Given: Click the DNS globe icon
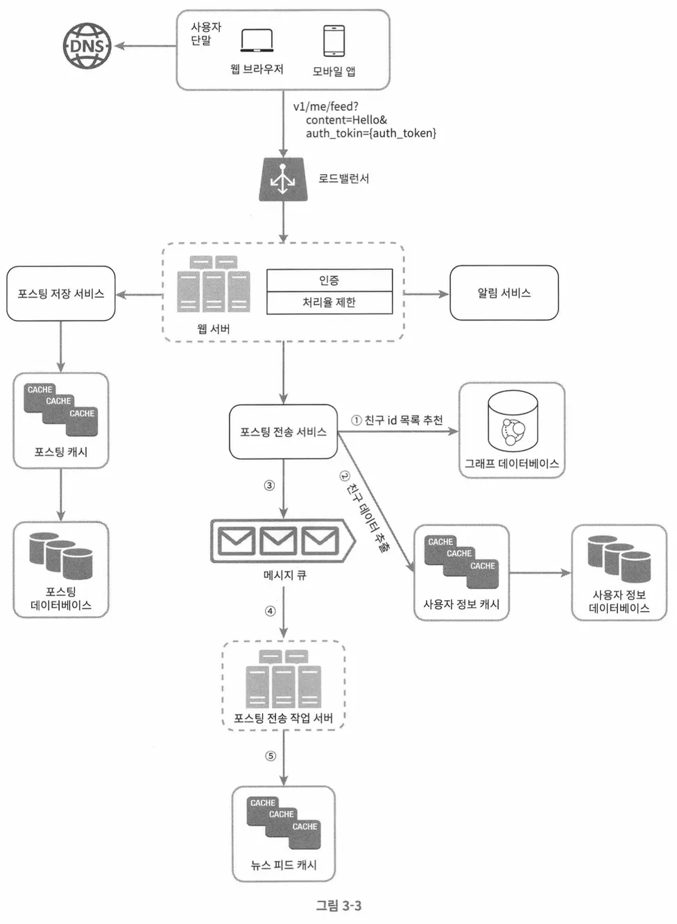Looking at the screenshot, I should [87, 46].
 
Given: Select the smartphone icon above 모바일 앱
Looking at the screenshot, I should [334, 41].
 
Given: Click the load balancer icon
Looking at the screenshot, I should [283, 180].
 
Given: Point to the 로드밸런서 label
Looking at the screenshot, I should [344, 179].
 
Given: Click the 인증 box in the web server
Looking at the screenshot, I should [329, 280].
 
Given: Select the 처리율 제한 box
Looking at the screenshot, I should [329, 302].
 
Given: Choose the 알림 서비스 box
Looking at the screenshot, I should [504, 293].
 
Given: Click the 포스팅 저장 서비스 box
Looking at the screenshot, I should [61, 293].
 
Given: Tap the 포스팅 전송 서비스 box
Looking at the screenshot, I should [283, 432].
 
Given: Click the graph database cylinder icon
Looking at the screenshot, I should [513, 421].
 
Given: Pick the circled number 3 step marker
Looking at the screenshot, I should [270, 486].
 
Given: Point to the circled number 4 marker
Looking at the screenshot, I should [270, 611].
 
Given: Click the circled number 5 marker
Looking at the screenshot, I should [271, 756].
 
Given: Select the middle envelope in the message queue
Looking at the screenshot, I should [278, 541].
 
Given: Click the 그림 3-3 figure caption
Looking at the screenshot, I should [338, 906].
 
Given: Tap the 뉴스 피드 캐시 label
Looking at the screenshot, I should [284, 865].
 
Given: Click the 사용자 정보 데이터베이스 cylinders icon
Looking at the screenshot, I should [619, 558].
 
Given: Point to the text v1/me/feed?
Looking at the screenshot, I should [326, 107].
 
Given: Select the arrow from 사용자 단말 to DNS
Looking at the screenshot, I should [146, 46].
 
